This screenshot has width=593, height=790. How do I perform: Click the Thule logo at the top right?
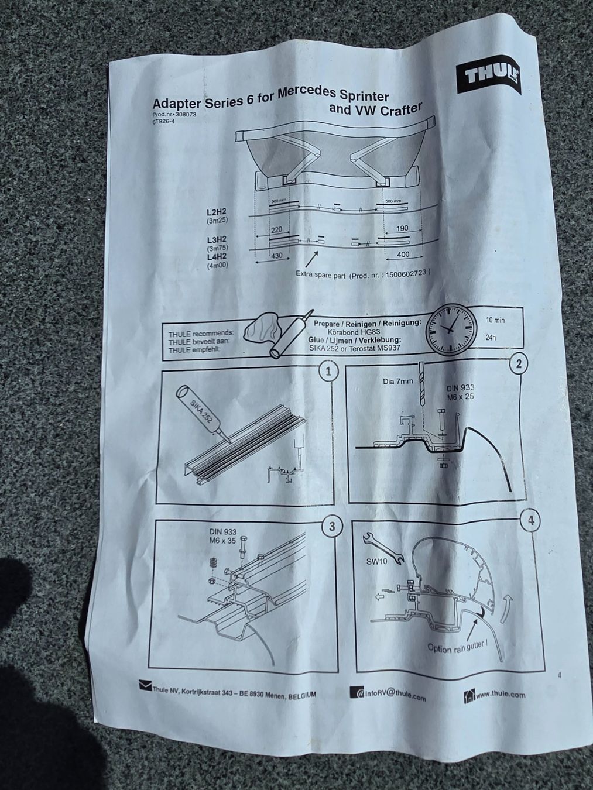coord(489,78)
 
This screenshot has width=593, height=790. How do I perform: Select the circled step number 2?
coord(519,364)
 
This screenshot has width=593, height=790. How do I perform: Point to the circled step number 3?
coord(331,526)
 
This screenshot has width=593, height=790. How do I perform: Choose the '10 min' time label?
coord(495,320)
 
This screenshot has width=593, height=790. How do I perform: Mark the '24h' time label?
coord(491,339)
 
